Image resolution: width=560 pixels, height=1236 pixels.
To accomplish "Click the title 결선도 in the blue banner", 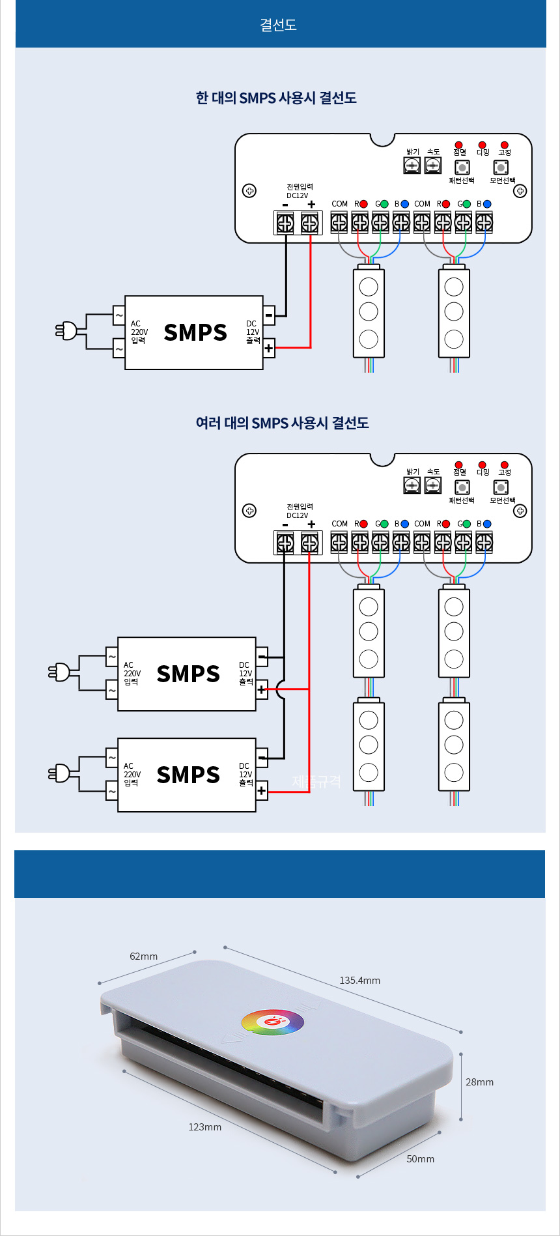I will pos(279,25).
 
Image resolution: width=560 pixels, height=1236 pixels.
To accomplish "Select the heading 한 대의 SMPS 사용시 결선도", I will pos(276,98).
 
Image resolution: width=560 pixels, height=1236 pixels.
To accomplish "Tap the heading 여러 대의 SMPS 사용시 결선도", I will pos(282,423).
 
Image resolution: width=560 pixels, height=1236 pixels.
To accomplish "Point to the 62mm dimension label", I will pos(143,956).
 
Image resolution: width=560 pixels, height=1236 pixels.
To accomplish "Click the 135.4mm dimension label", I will pos(359,980).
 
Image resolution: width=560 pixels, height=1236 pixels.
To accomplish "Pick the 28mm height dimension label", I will pos(479,1082).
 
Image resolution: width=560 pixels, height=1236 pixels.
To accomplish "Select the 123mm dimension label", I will pos(204,1127).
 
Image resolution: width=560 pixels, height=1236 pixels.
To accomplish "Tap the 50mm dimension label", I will pos(420,1158).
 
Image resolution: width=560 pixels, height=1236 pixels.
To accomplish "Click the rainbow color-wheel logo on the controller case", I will pos(272,1022).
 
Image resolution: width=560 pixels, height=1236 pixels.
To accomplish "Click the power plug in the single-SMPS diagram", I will pos(66,331).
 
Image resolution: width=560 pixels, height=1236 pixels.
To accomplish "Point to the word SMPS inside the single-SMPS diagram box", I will pos(195,332).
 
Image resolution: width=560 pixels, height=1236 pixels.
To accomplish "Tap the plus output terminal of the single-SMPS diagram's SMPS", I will pos(269,348).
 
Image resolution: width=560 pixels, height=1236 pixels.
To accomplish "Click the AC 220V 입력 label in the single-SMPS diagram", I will pos(139,332).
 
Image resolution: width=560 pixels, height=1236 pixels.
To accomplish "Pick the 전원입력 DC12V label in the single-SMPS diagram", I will pos(300,191).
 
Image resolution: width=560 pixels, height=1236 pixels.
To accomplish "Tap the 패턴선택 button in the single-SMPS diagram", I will pos(462,167).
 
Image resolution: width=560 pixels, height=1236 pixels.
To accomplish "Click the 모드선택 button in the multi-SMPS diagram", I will pos(501,487).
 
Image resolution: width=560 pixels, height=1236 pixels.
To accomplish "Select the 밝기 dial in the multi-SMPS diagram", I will pos(412,485).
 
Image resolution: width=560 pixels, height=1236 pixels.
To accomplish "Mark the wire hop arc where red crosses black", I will pos(280,689).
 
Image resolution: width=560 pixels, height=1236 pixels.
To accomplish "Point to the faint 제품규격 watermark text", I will pos(316,781).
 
